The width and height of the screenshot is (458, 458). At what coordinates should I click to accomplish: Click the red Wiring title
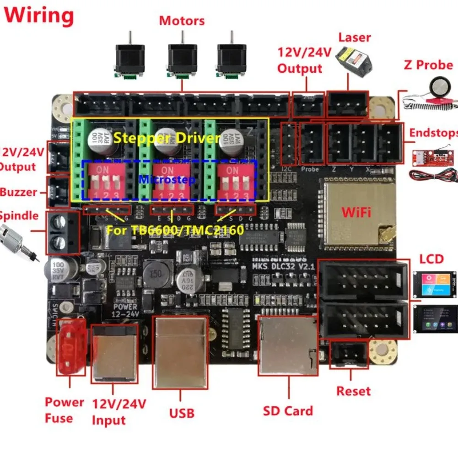coord(39,16)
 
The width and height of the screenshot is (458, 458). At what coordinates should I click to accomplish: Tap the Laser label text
coord(355,38)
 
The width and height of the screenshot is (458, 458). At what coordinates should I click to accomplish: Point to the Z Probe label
coord(428,65)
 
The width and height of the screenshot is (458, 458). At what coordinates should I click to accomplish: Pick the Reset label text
coord(353,391)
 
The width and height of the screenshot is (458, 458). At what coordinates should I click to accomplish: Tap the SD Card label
coord(288,411)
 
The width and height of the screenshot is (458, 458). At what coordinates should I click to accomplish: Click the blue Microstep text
coord(167,179)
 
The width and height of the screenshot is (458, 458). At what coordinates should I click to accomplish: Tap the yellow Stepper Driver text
coord(167,137)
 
